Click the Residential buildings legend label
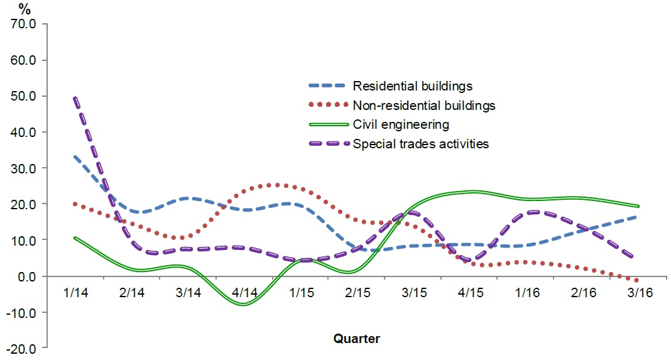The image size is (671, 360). pyautogui.click(x=412, y=85)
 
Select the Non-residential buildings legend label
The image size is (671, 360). pyautogui.click(x=424, y=105)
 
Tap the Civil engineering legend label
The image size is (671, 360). pyautogui.click(x=401, y=124)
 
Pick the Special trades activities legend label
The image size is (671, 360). pyautogui.click(x=421, y=144)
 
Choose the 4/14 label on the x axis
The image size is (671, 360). pyautogui.click(x=244, y=293)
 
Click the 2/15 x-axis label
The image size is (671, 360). pyautogui.click(x=357, y=293)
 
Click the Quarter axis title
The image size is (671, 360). pyautogui.click(x=356, y=339)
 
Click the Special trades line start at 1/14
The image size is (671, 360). pyautogui.click(x=75, y=99)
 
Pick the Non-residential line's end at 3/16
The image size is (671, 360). pyautogui.click(x=637, y=280)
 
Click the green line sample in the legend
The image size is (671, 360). pyautogui.click(x=327, y=124)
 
